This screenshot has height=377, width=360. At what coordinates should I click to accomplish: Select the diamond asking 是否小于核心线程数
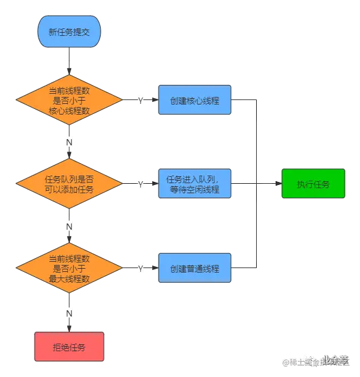(x=69, y=100)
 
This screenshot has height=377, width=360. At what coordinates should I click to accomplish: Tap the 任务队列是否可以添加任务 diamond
(x=69, y=184)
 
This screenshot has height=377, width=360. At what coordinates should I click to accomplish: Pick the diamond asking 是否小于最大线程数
(x=69, y=269)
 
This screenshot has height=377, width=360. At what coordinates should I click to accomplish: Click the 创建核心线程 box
(x=194, y=100)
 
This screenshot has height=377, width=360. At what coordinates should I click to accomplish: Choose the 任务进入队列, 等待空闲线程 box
(x=194, y=184)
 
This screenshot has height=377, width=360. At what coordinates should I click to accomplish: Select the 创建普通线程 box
(x=194, y=269)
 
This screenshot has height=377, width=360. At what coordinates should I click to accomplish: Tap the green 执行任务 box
(x=313, y=184)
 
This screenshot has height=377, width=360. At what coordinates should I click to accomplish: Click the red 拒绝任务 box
(x=69, y=346)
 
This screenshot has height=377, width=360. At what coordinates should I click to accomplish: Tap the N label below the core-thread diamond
(x=69, y=142)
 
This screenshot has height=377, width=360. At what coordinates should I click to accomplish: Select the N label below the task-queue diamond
(x=69, y=226)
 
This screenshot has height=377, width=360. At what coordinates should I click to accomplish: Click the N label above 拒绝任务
(x=69, y=312)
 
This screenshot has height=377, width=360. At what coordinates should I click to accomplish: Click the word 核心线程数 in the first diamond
(x=69, y=111)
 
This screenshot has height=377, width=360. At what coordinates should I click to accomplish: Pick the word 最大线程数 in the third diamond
(x=69, y=279)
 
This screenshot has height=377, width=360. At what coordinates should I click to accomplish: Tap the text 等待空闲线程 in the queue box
(x=194, y=189)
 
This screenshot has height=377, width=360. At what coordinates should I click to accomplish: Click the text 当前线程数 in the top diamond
(x=69, y=91)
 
